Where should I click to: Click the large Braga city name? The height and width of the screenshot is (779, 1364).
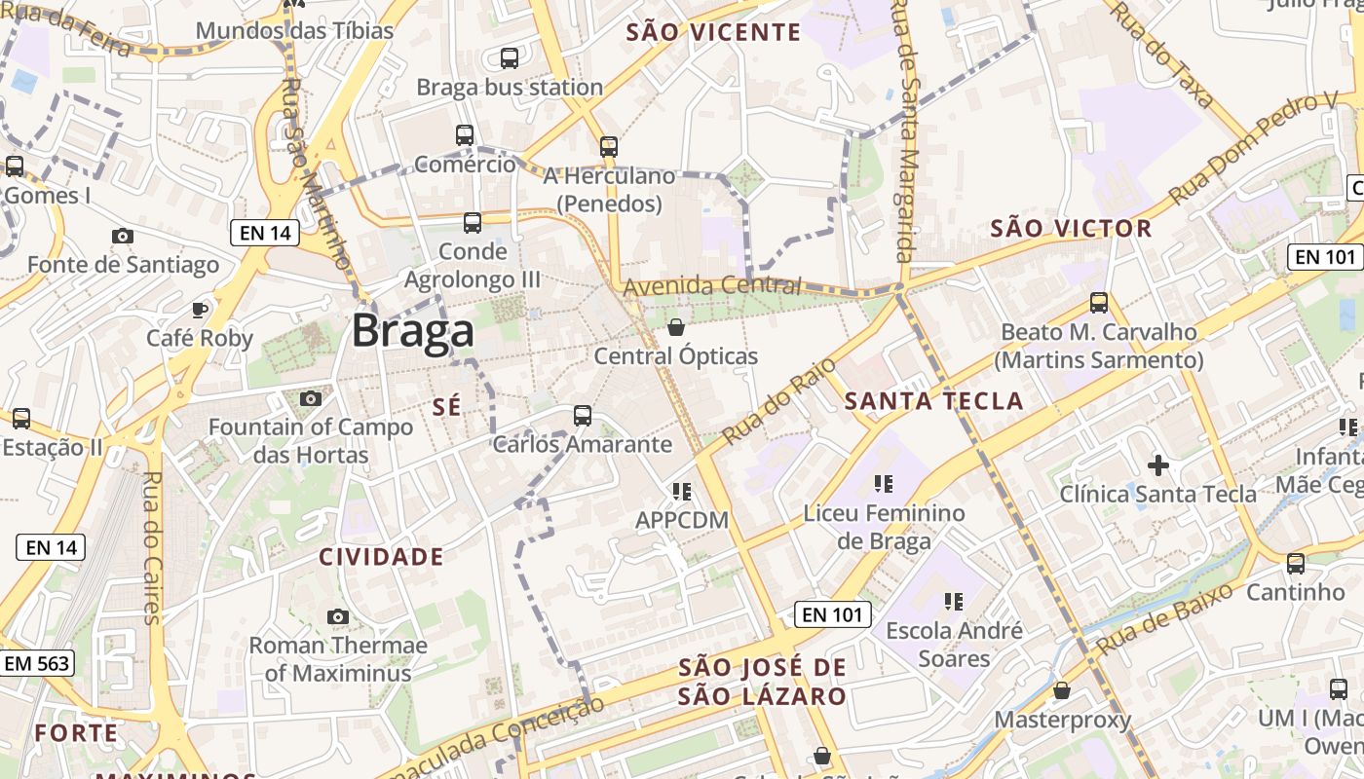413,331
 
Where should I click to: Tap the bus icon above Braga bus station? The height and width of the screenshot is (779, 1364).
510,58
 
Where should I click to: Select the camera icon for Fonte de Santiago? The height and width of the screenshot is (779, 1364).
123,236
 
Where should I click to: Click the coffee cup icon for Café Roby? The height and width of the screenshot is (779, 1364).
200,310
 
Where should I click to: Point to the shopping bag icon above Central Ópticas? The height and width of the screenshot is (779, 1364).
676,327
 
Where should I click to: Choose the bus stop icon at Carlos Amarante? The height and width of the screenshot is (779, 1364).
583,416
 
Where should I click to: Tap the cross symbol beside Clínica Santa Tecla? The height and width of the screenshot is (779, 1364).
1158,464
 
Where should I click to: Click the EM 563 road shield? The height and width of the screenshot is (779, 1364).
37,663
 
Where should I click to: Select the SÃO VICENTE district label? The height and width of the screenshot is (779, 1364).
713,32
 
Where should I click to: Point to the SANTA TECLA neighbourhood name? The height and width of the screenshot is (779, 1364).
933,400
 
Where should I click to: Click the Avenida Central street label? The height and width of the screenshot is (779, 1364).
712,286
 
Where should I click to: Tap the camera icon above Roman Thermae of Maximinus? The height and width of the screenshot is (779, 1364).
338,616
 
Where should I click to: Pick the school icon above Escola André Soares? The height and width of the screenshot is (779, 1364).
953,602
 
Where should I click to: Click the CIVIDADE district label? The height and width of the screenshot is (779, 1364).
382,557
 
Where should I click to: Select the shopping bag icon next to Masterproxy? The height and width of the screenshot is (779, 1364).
1062,691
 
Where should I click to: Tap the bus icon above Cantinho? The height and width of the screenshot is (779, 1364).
1296,563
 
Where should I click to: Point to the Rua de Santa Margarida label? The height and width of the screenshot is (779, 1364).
905,131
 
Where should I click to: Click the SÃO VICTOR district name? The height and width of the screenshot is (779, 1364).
1071,229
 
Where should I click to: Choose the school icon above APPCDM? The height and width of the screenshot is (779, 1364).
682,492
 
